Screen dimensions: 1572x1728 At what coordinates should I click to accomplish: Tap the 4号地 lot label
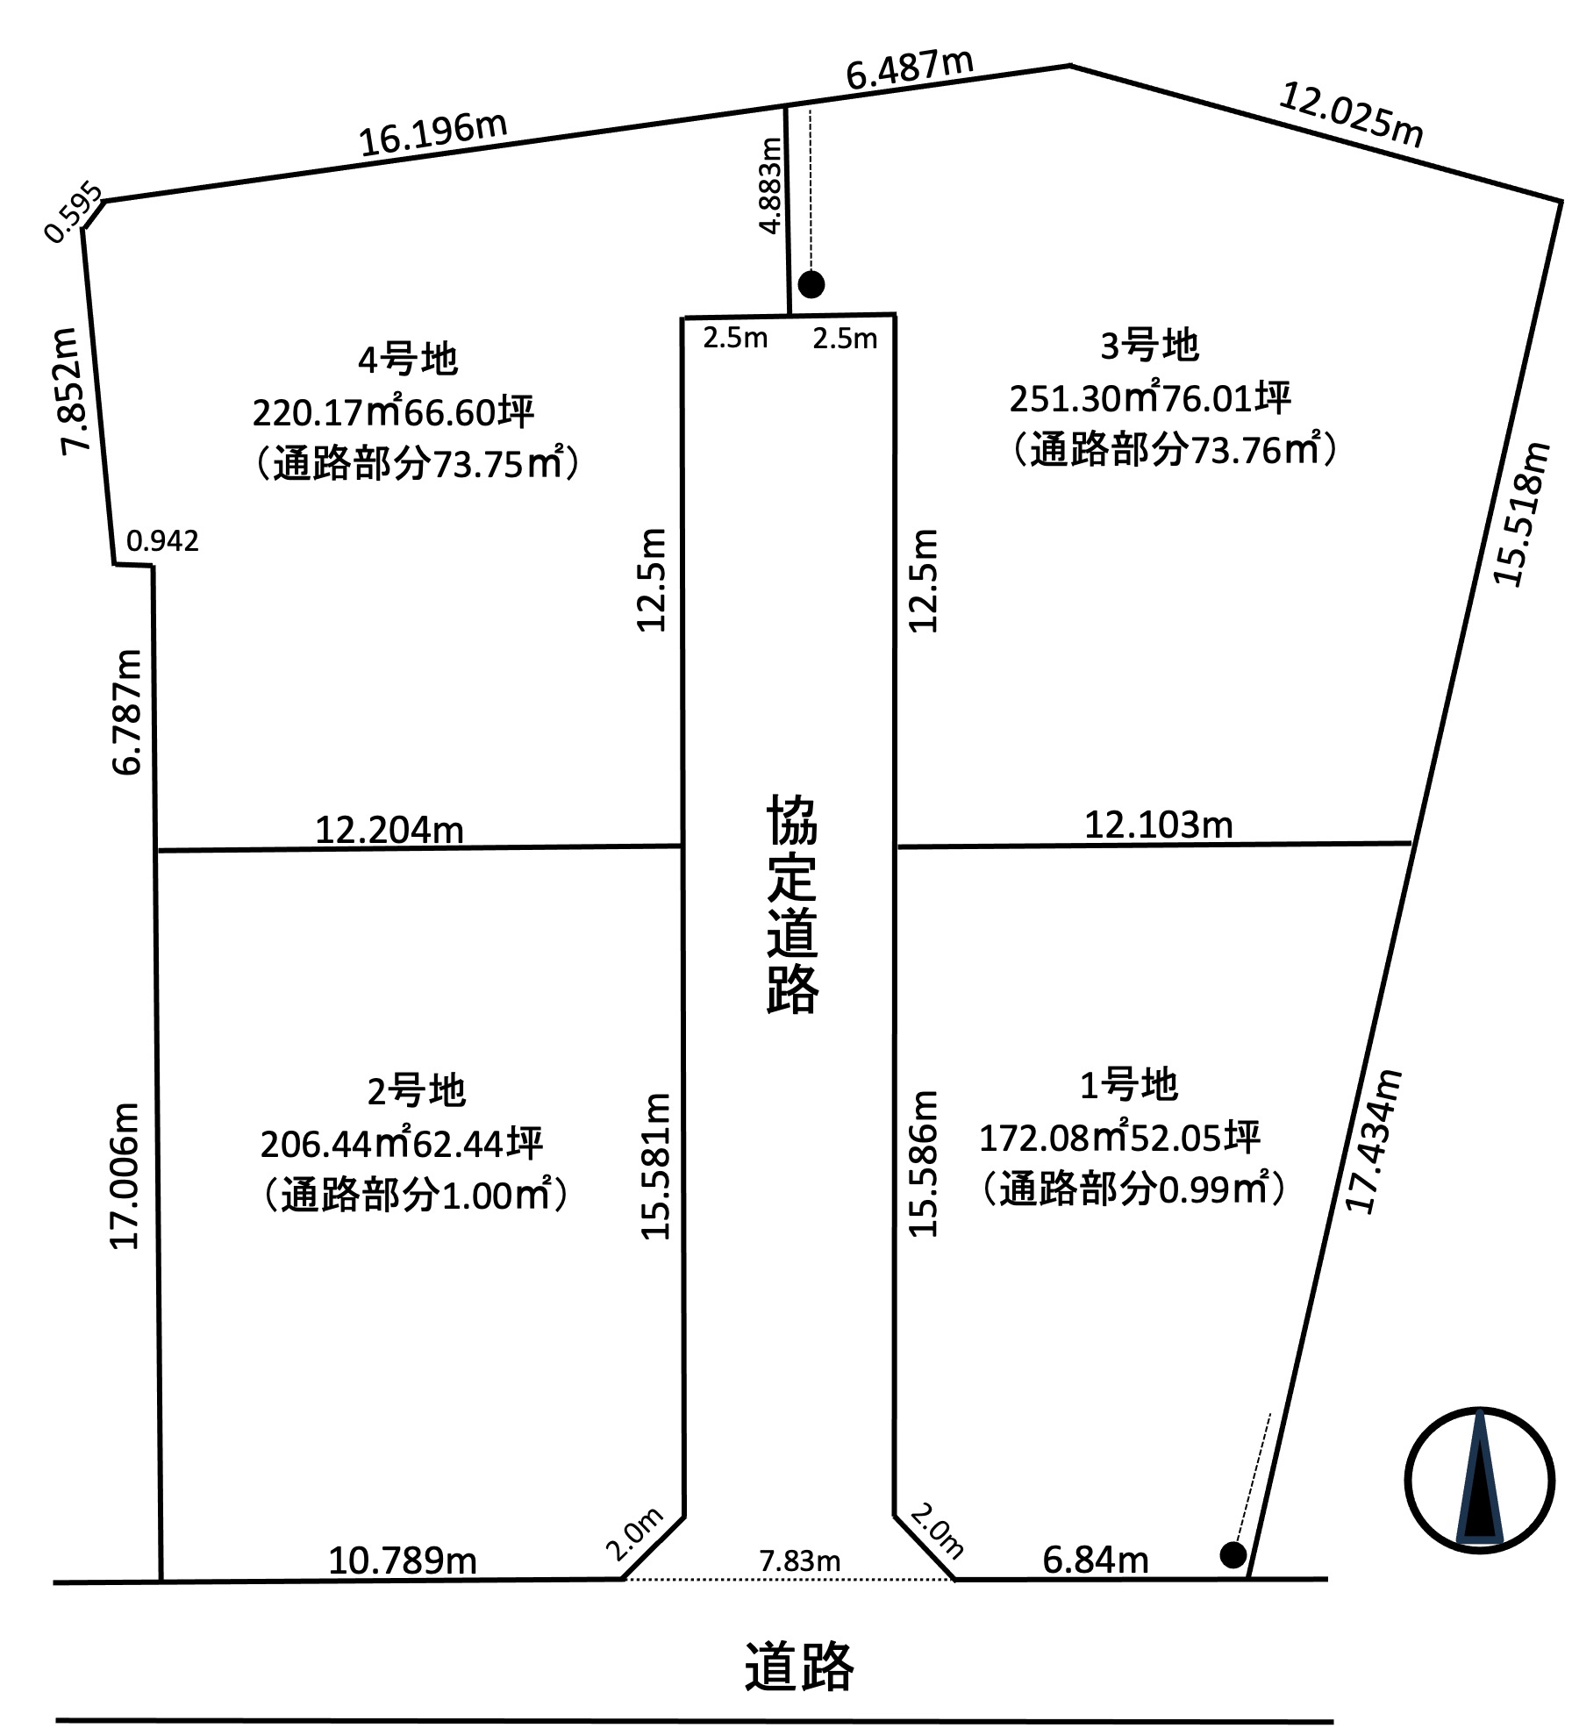pyautogui.click(x=408, y=360)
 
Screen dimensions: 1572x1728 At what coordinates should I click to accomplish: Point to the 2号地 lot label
pyautogui.click(x=416, y=1091)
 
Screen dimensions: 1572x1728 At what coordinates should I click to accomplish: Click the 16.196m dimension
pyautogui.click(x=433, y=134)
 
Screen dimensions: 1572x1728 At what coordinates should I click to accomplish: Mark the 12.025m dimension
pyautogui.click(x=1351, y=114)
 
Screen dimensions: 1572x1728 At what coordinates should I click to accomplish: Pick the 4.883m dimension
pyautogui.click(x=770, y=185)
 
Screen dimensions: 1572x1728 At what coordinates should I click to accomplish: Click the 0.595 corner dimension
pyautogui.click(x=74, y=213)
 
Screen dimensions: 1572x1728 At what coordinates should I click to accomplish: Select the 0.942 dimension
pyautogui.click(x=163, y=541)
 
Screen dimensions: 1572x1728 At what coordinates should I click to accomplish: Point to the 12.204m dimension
pyautogui.click(x=389, y=830)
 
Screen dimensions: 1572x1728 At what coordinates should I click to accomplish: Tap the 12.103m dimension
pyautogui.click(x=1159, y=825)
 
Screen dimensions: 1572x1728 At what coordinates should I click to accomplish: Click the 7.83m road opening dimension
pyautogui.click(x=800, y=1561)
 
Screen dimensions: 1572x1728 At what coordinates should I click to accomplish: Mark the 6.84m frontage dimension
pyautogui.click(x=1096, y=1560)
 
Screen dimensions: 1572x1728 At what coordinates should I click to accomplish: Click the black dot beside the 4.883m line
pyautogui.click(x=811, y=284)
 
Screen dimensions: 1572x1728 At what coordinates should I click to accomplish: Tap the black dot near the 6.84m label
pyautogui.click(x=1233, y=1556)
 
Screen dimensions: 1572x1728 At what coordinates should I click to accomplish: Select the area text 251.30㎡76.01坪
pyautogui.click(x=1150, y=398)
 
